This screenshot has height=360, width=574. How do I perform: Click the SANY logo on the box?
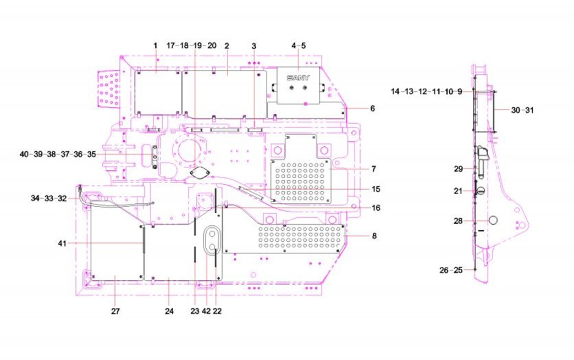pyautogui.click(x=298, y=77)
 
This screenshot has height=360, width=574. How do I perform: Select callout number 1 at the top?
pyautogui.click(x=155, y=46)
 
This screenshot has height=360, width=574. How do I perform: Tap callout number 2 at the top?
pyautogui.click(x=227, y=46)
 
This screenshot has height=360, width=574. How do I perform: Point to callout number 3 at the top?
pyautogui.click(x=253, y=46)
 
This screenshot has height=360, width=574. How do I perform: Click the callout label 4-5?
pyautogui.click(x=298, y=46)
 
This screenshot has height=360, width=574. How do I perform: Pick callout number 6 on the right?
pyautogui.click(x=372, y=108)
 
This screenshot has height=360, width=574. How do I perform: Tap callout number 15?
pyautogui.click(x=376, y=189)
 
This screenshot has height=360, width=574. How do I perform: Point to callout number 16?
pyautogui.click(x=376, y=208)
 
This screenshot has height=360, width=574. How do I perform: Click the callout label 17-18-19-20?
pyautogui.click(x=191, y=46)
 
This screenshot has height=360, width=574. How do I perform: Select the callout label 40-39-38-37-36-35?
pyautogui.click(x=57, y=155)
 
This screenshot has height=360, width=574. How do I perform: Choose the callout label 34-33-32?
pyautogui.click(x=48, y=198)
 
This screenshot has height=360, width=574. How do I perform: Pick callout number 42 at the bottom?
pyautogui.click(x=206, y=311)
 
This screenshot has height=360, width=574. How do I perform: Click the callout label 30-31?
pyautogui.click(x=522, y=110)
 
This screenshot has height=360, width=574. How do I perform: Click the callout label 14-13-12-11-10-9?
pyautogui.click(x=427, y=92)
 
